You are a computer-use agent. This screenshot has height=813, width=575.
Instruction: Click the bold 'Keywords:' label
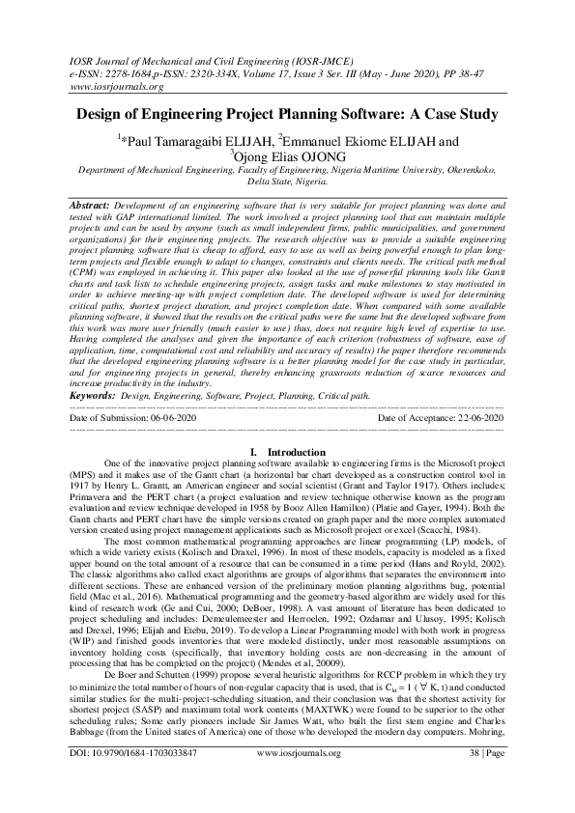(93, 422)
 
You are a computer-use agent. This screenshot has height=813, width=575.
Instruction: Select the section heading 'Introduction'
(297, 477)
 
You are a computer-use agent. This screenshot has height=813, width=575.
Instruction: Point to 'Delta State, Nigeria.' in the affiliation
(288, 181)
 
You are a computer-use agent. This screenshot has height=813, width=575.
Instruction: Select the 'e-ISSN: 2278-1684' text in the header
(105, 70)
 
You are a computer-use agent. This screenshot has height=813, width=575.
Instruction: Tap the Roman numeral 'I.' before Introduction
(253, 477)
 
